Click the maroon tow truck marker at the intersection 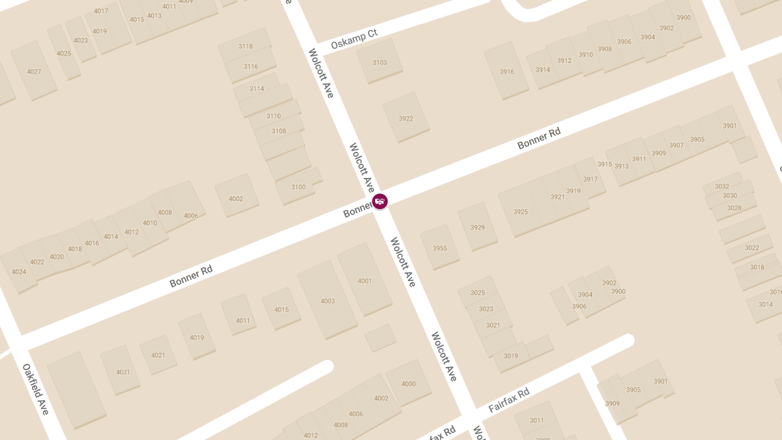tap(379, 201)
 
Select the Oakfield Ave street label tap(36, 389)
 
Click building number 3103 tap(379, 63)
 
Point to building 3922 tap(405, 119)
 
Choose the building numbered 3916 tap(506, 72)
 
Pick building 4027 tap(34, 72)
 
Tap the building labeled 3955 tap(440, 248)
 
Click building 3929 tap(477, 227)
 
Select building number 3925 tap(520, 212)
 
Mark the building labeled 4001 tap(364, 281)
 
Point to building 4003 tap(327, 301)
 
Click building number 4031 tap(123, 372)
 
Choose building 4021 tap(158, 355)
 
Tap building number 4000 tap(408, 384)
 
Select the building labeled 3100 tap(298, 187)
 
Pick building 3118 tap(246, 46)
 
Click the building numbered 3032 tap(722, 186)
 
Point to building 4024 tap(19, 272)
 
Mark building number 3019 tap(511, 356)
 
